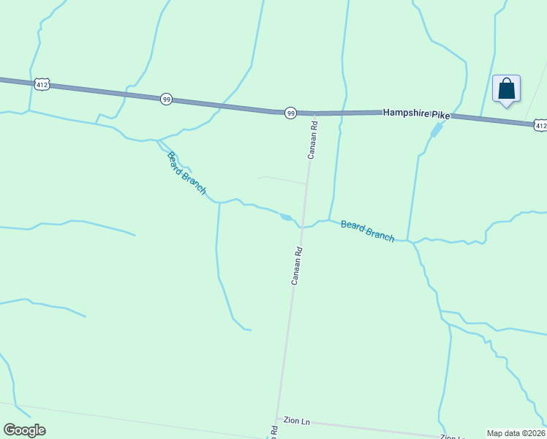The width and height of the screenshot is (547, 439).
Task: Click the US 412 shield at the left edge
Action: tap(42, 85)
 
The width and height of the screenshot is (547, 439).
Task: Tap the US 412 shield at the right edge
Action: tap(540, 126)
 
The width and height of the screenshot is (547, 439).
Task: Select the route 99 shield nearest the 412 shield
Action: tap(167, 99)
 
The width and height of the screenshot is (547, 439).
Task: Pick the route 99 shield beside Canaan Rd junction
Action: tap(290, 113)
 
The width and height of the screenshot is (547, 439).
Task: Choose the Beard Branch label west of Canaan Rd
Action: tap(186, 173)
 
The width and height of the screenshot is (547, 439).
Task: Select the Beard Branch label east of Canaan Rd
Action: tap(367, 231)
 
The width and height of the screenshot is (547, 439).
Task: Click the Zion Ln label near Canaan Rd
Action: tap(297, 422)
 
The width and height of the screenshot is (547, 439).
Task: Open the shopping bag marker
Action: tap(506, 89)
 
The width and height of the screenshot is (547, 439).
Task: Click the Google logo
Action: tap(24, 430)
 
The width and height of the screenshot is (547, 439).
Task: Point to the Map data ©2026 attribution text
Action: tap(516, 433)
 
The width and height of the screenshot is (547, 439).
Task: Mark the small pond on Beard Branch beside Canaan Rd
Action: tap(286, 217)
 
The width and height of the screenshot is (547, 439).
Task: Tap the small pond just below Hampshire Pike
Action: tap(437, 130)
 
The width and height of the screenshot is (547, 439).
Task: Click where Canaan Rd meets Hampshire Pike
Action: tap(314, 114)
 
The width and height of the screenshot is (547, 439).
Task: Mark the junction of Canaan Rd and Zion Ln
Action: tap(277, 419)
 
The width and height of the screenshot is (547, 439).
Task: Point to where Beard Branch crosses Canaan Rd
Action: tap(301, 226)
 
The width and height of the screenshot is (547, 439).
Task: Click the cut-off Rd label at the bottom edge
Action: tap(273, 432)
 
